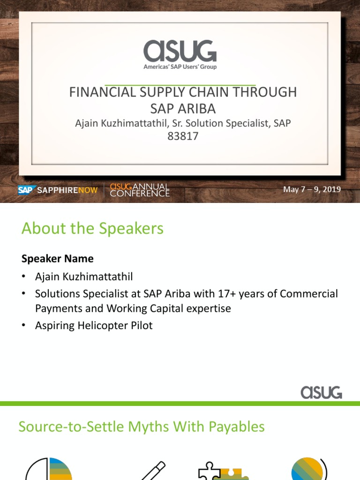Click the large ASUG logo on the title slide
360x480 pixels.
pyautogui.click(x=180, y=50)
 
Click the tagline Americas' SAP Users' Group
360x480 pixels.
pyautogui.click(x=180, y=67)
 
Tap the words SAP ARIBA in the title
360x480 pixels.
pyautogui.click(x=183, y=109)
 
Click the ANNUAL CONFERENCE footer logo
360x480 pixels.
pyautogui.click(x=139, y=190)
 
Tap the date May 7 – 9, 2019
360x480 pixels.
pyautogui.click(x=312, y=190)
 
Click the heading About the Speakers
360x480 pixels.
pyautogui.click(x=92, y=229)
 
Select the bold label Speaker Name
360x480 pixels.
pyautogui.click(x=57, y=259)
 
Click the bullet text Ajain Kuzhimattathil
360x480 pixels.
pyautogui.click(x=87, y=277)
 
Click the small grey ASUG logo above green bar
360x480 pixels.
pyautogui.click(x=321, y=392)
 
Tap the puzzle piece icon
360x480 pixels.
pyautogui.click(x=220, y=470)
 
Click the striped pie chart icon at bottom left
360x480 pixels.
pyautogui.click(x=49, y=469)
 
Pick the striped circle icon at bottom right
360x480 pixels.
pyautogui.click(x=307, y=469)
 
